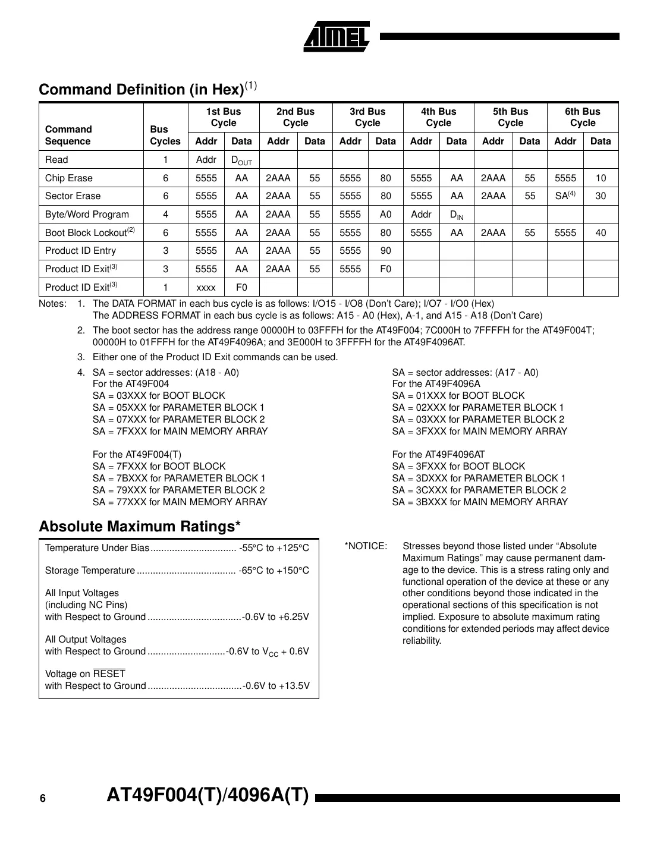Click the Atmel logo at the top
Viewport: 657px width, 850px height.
[337, 37]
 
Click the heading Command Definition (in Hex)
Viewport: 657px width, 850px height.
[142, 90]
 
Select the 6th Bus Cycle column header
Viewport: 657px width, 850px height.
[582, 117]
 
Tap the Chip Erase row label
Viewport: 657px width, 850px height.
[69, 178]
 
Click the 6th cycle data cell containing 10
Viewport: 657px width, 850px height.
[601, 178]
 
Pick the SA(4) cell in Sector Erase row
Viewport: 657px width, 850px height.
[565, 196]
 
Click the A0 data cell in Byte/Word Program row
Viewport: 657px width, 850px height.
[385, 215]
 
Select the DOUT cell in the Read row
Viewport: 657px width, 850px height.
[241, 160]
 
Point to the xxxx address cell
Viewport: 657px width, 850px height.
[206, 288]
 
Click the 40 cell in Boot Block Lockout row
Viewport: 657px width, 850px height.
[601, 233]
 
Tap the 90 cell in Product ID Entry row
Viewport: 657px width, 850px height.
[385, 251]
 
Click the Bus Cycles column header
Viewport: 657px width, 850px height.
[165, 136]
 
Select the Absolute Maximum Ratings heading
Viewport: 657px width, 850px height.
[140, 527]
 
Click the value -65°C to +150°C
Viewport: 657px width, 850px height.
[274, 571]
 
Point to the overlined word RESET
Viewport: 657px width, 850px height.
[109, 674]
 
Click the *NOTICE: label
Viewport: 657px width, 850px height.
[366, 546]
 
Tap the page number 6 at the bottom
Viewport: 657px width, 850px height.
[42, 799]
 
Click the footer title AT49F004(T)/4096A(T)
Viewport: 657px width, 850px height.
[208, 796]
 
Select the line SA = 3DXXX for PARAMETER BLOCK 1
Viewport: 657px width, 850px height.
[479, 478]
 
